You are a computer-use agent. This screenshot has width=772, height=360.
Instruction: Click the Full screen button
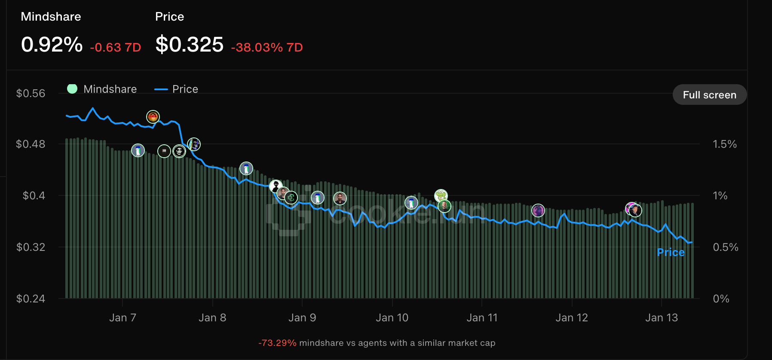pyautogui.click(x=709, y=95)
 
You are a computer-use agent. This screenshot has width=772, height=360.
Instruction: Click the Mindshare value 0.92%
pyautogui.click(x=52, y=45)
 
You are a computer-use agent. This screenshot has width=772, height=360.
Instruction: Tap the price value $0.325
pyautogui.click(x=189, y=45)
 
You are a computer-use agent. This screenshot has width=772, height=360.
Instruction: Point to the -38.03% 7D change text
pyautogui.click(x=267, y=47)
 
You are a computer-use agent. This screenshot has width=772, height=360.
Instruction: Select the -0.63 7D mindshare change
pyautogui.click(x=116, y=47)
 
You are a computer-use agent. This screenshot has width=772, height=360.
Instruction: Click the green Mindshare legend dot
pyautogui.click(x=72, y=89)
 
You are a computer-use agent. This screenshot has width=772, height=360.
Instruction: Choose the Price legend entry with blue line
pyautogui.click(x=177, y=89)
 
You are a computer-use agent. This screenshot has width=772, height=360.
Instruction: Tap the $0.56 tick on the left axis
pyautogui.click(x=31, y=93)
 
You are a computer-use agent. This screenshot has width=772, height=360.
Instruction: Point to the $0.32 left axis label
pyautogui.click(x=31, y=247)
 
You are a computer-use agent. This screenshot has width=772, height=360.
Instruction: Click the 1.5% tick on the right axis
pyautogui.click(x=725, y=144)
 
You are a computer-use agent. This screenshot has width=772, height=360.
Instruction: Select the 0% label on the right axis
pyautogui.click(x=721, y=299)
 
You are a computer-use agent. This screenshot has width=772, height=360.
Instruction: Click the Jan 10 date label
pyautogui.click(x=392, y=317)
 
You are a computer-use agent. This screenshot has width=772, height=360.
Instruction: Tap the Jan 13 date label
pyautogui.click(x=662, y=317)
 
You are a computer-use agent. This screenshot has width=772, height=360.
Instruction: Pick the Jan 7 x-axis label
pyautogui.click(x=123, y=317)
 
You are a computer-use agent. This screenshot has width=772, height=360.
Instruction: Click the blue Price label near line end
pyautogui.click(x=671, y=252)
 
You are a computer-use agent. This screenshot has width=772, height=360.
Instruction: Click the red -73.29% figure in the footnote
pyautogui.click(x=277, y=343)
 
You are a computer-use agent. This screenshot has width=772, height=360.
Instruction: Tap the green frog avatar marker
pyautogui.click(x=441, y=195)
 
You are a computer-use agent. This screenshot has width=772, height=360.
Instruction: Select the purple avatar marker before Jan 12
pyautogui.click(x=538, y=211)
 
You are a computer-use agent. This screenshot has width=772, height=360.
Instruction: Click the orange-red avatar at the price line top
pyautogui.click(x=153, y=116)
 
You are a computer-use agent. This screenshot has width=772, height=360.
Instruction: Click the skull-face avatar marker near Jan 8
pyautogui.click(x=179, y=151)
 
